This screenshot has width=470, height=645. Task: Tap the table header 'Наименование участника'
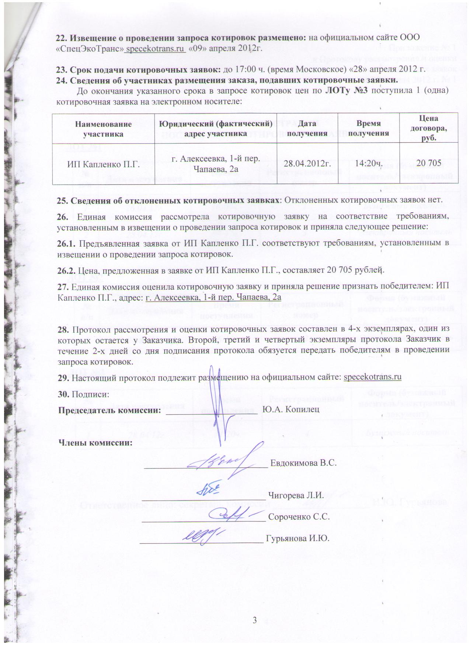[x=103, y=129]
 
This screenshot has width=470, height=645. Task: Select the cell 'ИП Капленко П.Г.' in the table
[x=104, y=164]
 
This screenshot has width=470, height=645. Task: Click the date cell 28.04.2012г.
[x=307, y=164]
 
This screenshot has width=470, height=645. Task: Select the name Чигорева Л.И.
[x=296, y=495]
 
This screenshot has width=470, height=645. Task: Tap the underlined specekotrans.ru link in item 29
[x=372, y=377]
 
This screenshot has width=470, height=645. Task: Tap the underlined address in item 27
[x=213, y=297]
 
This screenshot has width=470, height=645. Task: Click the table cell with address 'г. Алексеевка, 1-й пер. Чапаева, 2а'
[x=216, y=164]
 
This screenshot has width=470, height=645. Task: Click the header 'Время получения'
[x=369, y=129]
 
